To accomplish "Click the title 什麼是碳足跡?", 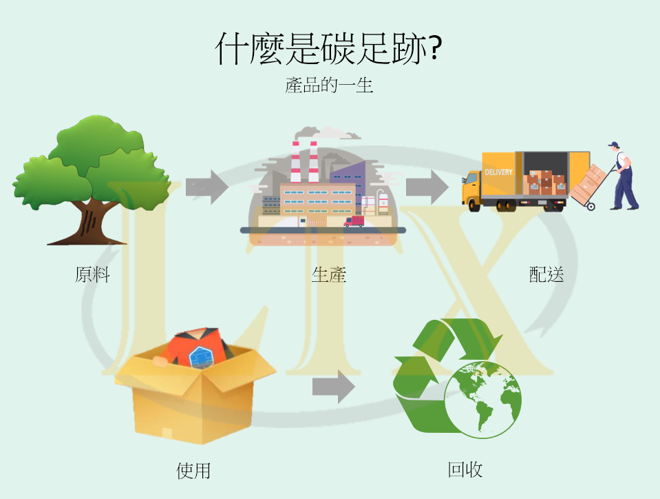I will (329, 48).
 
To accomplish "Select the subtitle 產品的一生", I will (329, 86).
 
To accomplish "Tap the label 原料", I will (92, 274).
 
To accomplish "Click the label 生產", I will (328, 274).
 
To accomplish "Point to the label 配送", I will (546, 274).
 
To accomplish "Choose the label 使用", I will (193, 471).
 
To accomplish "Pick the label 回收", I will (465, 470).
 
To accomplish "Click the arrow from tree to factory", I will (207, 186).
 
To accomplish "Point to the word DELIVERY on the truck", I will (498, 172).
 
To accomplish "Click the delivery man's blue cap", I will (613, 145).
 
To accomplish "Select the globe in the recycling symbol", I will (483, 398).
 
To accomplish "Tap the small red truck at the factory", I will (354, 221).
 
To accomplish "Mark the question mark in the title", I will (434, 48).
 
